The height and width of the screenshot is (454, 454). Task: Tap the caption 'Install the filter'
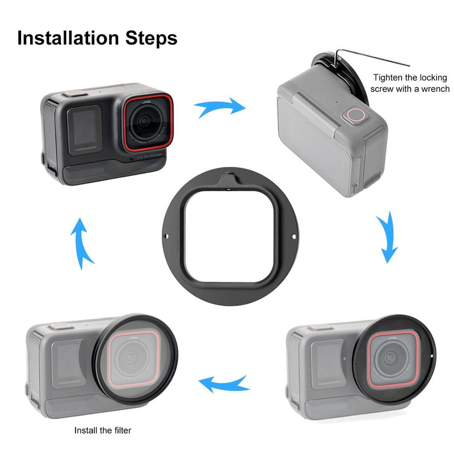pos(103,430)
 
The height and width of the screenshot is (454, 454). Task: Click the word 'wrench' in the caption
pos(434,89)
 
